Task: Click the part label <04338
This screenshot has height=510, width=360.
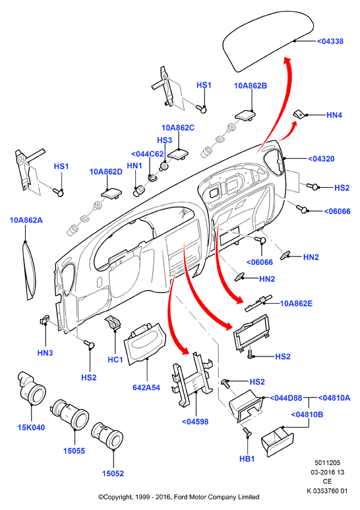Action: pos(330,42)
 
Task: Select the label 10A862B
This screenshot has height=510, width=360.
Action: pos(251,86)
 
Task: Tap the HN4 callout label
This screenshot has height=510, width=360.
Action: pos(334,115)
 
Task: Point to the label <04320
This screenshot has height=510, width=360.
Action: pos(321,159)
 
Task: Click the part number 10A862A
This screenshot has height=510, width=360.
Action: pos(26,220)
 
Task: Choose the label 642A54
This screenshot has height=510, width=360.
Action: pos(146,387)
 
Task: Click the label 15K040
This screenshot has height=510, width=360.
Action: pos(31,428)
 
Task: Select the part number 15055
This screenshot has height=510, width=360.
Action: pos(75,451)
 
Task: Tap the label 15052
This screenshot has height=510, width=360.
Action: pos(113,474)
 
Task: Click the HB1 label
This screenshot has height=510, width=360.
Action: pos(247,459)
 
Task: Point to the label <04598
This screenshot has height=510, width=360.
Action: pos(195,422)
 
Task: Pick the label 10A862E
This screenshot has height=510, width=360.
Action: pos(296,304)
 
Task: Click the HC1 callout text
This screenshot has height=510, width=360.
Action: pos(115,359)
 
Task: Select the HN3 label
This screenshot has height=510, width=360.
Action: pos(45,353)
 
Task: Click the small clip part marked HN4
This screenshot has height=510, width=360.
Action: pos(299,114)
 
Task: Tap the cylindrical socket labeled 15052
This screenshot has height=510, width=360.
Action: pos(107,436)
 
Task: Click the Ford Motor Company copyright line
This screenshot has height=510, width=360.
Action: pos(179,497)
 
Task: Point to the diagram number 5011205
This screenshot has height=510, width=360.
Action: pos(327,463)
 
